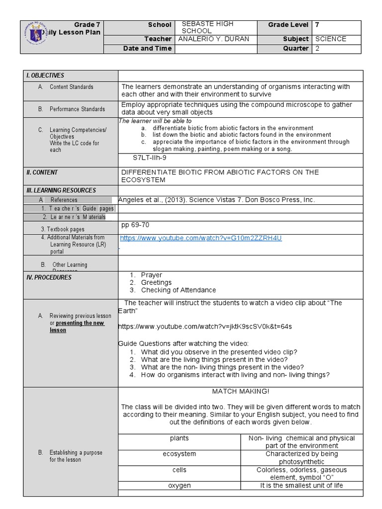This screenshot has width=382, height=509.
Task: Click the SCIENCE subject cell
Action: pos(330,39)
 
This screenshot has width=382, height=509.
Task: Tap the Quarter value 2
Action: pos(317,49)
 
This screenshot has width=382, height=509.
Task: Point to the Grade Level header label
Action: pos(288,25)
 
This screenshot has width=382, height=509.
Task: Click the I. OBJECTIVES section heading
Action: pos(45,76)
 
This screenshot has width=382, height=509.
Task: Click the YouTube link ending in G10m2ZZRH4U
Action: pos(201,238)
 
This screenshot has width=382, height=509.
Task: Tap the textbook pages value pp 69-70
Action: pos(135,225)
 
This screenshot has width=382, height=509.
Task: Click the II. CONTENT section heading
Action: pos(42,172)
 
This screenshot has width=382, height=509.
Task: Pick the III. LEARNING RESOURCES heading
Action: pos(61,190)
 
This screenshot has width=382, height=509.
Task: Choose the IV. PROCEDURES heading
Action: pos(49,277)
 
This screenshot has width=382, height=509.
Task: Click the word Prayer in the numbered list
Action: pos(151,275)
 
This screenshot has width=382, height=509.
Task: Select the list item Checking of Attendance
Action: pos(178,290)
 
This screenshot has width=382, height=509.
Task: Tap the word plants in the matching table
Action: pos(179,438)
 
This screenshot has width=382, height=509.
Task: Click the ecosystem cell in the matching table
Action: pos(179,454)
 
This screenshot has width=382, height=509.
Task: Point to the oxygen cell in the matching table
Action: pos(179,486)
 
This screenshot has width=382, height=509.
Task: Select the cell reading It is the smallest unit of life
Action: pos(301,486)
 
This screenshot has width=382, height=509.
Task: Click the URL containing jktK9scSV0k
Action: pos(205,327)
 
